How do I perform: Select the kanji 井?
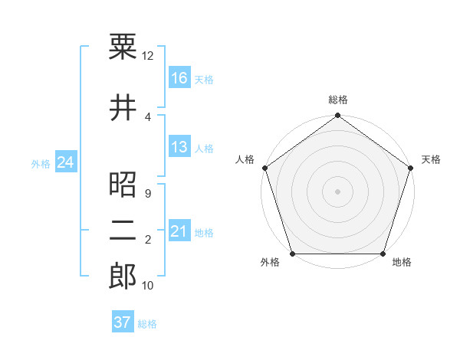pyautogui.click(x=123, y=107)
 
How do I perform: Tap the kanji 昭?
pyautogui.click(x=123, y=184)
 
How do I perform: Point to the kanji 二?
pyautogui.click(x=123, y=231)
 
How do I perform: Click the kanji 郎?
pyautogui.click(x=123, y=276)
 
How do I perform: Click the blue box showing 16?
pyautogui.click(x=179, y=77)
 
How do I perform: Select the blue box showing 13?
pyautogui.click(x=179, y=147)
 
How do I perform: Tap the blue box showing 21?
pyautogui.click(x=179, y=231)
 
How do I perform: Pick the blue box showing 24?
pyautogui.click(x=65, y=162)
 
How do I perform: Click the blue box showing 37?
pyautogui.click(x=123, y=322)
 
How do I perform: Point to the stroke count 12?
pyautogui.click(x=148, y=55)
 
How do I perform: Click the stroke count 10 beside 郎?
pyautogui.click(x=148, y=286)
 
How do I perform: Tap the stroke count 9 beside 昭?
pyautogui.click(x=147, y=194)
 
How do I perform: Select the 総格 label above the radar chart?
pyautogui.click(x=338, y=100)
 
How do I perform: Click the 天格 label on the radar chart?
pyautogui.click(x=431, y=159)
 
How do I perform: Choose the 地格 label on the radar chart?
pyautogui.click(x=402, y=263)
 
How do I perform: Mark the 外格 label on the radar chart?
pyautogui.click(x=270, y=263)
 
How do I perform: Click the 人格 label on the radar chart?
pyautogui.click(x=245, y=159)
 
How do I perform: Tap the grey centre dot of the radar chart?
pyautogui.click(x=337, y=191)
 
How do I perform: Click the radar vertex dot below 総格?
pyautogui.click(x=337, y=116)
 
